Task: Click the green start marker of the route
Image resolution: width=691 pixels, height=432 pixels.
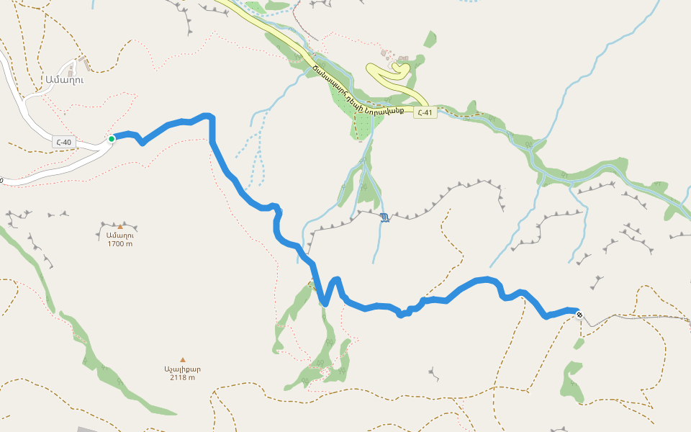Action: point(112,138)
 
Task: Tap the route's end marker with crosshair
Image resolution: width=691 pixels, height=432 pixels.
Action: point(579,314)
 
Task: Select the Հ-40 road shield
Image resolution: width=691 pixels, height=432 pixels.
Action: point(63,142)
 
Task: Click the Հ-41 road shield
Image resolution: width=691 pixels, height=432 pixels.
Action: point(425,112)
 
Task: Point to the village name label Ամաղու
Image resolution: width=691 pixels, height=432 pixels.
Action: point(64,80)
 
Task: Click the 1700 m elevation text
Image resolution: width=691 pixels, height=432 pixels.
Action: point(119,244)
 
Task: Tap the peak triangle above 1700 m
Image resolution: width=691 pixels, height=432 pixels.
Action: point(119,227)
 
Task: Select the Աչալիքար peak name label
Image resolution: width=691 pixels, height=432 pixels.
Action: point(182,369)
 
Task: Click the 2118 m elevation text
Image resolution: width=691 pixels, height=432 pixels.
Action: point(182,377)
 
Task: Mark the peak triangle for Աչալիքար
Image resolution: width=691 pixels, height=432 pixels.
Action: point(182,359)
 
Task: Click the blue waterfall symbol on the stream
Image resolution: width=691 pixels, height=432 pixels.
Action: point(385,217)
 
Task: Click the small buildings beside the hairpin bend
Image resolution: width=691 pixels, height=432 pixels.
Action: point(396,58)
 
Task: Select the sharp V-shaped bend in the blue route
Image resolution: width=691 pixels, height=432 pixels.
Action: point(326,303)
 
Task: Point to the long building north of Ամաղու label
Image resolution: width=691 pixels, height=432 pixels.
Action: point(85,63)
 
